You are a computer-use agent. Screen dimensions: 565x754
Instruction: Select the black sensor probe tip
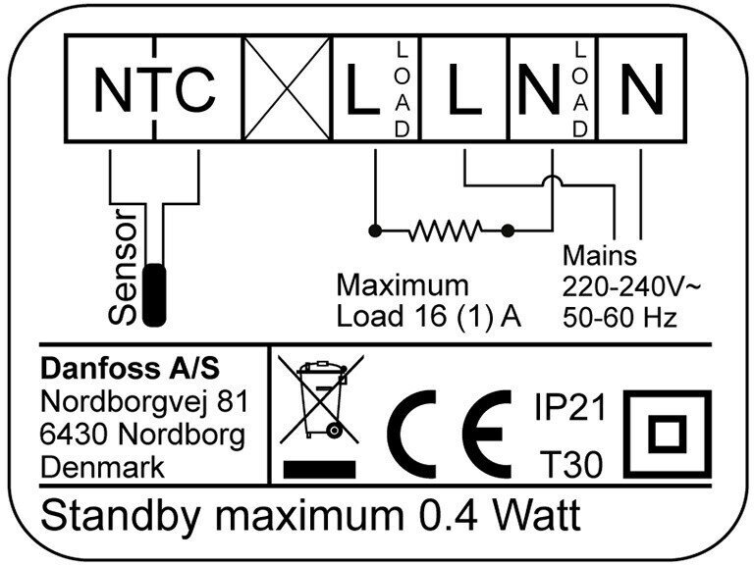pyautogui.click(x=155, y=293)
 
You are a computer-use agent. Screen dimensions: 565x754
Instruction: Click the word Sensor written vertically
pyautogui.click(x=126, y=267)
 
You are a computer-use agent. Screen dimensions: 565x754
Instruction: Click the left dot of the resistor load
pyautogui.click(x=374, y=231)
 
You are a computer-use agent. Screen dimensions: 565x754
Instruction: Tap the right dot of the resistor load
pyautogui.click(x=508, y=231)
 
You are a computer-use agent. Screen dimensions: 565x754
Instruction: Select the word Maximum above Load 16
pyautogui.click(x=403, y=286)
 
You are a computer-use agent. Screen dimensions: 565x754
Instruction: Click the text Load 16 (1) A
pyautogui.click(x=428, y=316)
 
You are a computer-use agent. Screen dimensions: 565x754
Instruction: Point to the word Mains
pyautogui.click(x=601, y=258)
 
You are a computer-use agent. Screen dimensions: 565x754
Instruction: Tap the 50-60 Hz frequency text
pyautogui.click(x=619, y=317)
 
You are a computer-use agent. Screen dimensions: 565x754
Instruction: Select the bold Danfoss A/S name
pyautogui.click(x=130, y=370)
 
